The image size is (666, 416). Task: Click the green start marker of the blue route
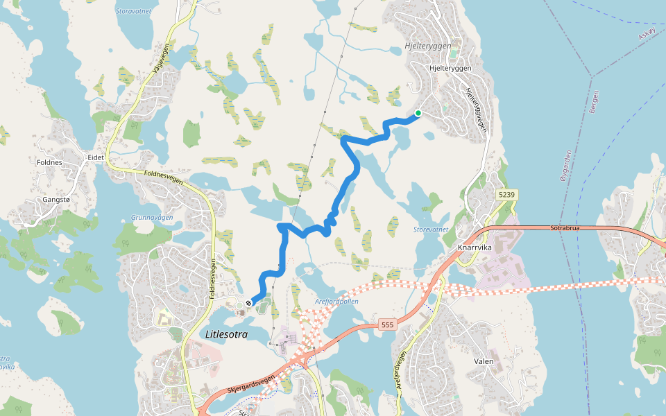[418, 113]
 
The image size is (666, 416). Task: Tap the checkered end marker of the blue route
[249, 303]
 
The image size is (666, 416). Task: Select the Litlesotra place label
[226, 334]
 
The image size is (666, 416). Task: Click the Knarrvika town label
[476, 246]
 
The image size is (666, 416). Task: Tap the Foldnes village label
[51, 162]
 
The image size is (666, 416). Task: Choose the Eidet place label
[96, 157]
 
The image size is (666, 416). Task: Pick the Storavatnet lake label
[135, 10]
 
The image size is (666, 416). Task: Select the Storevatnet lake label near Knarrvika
[431, 229]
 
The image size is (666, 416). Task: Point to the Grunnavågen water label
[151, 217]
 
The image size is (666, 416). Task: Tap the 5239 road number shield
[506, 196]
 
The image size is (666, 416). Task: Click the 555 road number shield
[387, 324]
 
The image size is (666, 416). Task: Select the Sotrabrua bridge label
[564, 227]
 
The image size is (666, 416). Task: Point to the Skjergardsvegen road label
[250, 383]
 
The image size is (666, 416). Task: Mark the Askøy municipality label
[647, 33]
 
